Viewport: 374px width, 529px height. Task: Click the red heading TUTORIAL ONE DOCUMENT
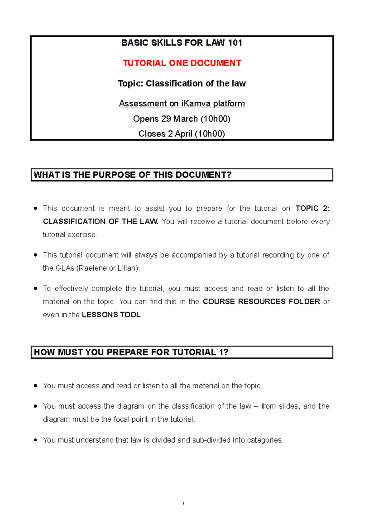click(x=182, y=63)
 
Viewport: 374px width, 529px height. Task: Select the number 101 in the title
click(x=235, y=43)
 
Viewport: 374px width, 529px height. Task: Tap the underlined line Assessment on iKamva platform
click(x=182, y=103)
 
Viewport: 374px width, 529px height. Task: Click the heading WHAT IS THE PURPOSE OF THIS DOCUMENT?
click(x=132, y=175)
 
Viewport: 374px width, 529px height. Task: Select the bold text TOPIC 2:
click(x=312, y=208)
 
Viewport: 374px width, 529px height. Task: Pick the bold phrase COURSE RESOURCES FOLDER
click(x=261, y=302)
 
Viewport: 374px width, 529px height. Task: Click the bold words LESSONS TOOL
click(x=111, y=315)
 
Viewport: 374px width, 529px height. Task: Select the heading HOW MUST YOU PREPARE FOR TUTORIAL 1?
click(x=131, y=352)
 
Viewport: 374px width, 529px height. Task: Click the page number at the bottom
click(x=183, y=503)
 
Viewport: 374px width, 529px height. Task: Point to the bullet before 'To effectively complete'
click(x=36, y=289)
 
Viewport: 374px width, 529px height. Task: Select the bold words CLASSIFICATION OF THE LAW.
click(x=100, y=222)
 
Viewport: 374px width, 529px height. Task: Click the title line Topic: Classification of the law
click(x=182, y=83)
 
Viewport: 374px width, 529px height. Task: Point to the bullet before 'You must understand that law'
click(x=36, y=440)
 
